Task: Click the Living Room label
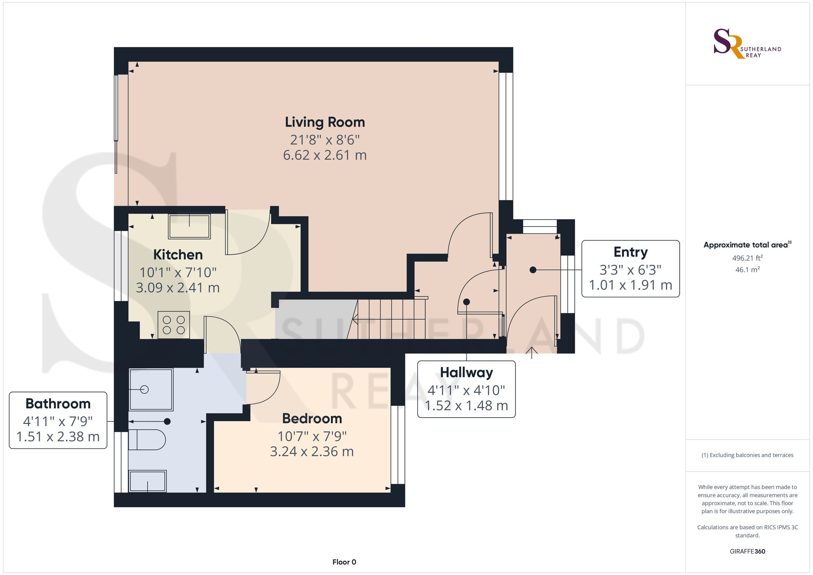(325, 122)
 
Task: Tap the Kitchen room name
(178, 255)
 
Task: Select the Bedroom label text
(312, 418)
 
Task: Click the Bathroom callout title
(58, 403)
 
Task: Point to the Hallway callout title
(467, 372)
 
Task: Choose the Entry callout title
(630, 252)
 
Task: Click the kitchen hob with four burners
(174, 325)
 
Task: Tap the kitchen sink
(189, 227)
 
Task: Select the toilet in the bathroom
(147, 440)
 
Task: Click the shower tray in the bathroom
(151, 390)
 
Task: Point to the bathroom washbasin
(148, 481)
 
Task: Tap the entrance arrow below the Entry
(532, 353)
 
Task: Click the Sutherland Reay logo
(747, 44)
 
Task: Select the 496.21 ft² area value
(748, 258)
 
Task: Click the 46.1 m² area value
(748, 270)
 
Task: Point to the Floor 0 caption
(344, 562)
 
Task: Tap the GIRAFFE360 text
(748, 551)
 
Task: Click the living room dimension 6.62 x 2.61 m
(325, 155)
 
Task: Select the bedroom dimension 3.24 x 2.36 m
(312, 451)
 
